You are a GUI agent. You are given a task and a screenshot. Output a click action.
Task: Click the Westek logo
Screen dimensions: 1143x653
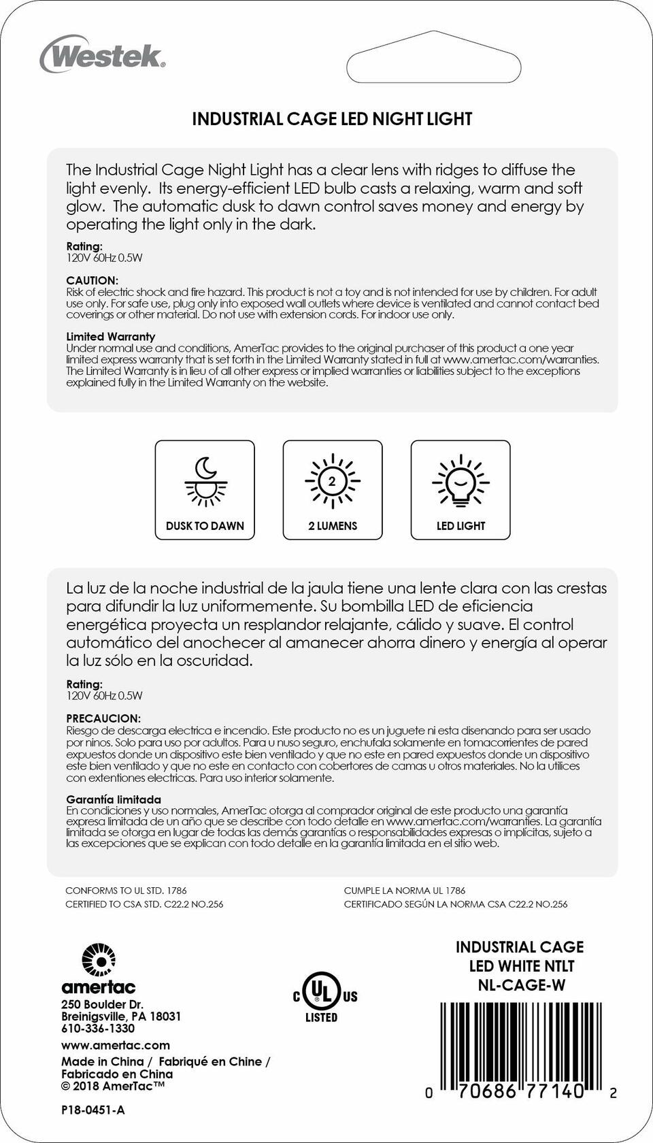coord(103,55)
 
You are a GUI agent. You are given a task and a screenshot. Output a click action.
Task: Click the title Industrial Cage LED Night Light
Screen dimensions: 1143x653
coord(332,119)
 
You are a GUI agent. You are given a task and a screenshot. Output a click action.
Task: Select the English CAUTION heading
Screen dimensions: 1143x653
coord(92,280)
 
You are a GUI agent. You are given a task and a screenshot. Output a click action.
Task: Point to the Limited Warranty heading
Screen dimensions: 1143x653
coord(110,336)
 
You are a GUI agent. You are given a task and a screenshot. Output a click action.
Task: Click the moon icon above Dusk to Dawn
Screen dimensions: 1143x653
coord(205,468)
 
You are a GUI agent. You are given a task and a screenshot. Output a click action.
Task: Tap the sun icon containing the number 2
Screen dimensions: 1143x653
coord(332,481)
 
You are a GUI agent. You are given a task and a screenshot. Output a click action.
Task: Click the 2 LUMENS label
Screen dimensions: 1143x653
coord(332,526)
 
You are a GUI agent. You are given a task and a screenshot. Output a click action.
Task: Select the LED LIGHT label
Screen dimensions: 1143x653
coord(461,526)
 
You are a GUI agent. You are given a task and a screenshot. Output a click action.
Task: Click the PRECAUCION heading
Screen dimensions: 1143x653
coord(103,718)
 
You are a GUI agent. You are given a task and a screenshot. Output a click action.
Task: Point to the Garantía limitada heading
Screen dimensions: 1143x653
coord(114,799)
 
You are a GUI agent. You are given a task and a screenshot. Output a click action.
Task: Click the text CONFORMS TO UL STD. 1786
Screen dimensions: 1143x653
coord(126,890)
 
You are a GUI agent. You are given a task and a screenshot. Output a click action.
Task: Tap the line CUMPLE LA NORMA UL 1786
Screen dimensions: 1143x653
coord(405,890)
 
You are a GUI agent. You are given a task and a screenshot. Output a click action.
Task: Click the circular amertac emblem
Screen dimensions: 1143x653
coord(99,961)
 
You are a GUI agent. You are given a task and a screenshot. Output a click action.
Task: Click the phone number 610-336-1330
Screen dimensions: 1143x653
coord(98,1029)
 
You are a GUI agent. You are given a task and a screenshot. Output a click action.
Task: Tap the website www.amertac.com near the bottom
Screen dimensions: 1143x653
coord(116,1045)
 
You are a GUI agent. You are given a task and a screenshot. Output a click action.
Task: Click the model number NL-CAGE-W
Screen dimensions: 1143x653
coord(521,985)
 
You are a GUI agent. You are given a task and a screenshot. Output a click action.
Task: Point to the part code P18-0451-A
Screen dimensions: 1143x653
coord(93,1110)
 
